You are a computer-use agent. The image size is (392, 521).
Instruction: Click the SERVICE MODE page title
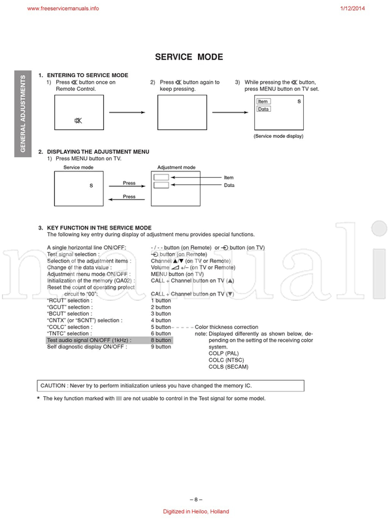(188, 57)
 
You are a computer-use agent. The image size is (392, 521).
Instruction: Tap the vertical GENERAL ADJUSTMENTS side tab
(23, 114)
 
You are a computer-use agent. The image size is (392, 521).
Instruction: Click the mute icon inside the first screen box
(78, 121)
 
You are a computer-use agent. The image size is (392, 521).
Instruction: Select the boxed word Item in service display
(263, 101)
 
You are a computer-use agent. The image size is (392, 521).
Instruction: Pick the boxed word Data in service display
(263, 109)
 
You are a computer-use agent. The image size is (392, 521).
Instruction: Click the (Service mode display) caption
(278, 136)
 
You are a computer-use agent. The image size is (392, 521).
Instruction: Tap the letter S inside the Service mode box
(91, 186)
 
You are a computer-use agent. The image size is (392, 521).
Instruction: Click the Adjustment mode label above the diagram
(176, 167)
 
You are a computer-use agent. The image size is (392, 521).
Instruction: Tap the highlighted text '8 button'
(161, 341)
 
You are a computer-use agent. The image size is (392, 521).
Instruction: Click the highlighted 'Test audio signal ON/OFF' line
(89, 341)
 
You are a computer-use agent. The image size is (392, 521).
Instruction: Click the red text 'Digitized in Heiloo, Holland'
(195, 512)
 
